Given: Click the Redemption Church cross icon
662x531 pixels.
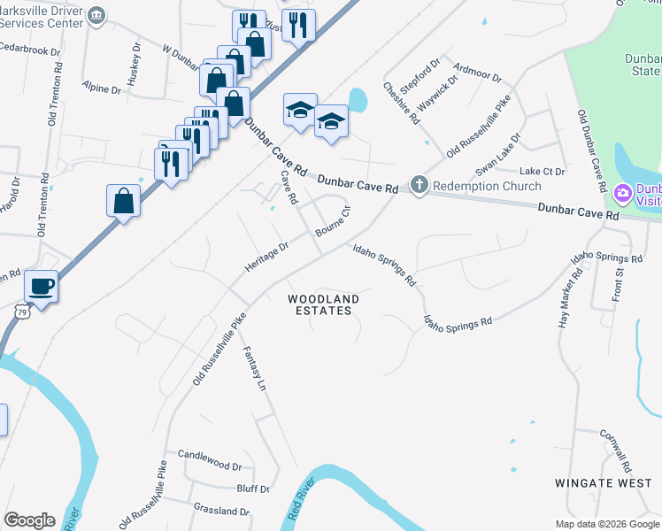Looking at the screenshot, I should coord(419,186).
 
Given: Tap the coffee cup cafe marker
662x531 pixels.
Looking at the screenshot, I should coord(41,286).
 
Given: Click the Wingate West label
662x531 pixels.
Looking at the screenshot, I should coord(603,483).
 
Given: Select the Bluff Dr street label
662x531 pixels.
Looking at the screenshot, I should coord(253,488).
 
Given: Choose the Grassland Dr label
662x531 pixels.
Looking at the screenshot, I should coord(221,511).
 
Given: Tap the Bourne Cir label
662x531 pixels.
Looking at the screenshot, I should coord(335,221).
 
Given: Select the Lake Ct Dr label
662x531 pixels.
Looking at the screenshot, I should coord(542,171).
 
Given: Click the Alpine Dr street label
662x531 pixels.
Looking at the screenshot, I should coord(101,89).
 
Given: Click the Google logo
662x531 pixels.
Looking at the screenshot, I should coord(29,520).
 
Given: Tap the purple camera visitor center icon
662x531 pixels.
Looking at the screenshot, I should coord(623,191).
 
